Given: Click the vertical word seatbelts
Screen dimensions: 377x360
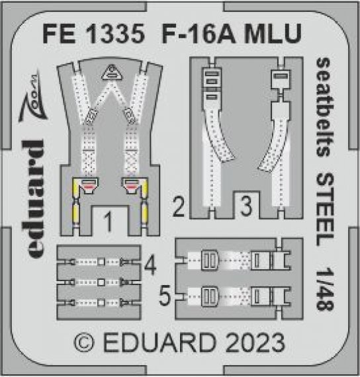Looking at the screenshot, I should point(324,106).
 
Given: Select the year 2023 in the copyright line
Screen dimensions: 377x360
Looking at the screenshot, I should point(255,344).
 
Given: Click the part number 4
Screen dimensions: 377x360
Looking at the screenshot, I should point(150,267).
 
